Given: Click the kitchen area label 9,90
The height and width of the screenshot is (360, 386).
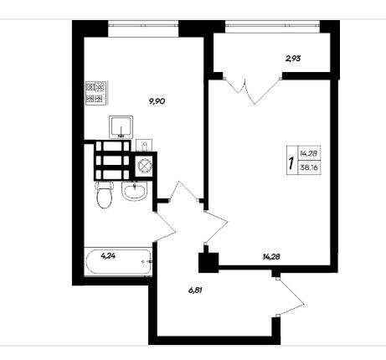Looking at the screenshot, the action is point(157,101).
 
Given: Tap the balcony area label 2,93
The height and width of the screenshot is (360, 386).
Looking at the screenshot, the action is point(293,59).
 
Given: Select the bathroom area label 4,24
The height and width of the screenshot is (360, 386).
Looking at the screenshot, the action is point(108,256).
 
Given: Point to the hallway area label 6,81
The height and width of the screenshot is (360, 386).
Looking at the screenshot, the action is point(195,291).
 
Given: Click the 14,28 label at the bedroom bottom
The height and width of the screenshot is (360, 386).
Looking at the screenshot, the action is point(271,256).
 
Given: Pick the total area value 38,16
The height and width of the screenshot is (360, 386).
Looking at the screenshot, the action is point(310,167).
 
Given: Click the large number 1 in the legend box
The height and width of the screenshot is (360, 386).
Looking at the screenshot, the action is point(291,163).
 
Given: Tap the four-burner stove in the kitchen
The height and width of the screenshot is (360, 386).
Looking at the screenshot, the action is point(96,93).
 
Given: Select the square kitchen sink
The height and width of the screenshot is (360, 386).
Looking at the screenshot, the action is point(121,127).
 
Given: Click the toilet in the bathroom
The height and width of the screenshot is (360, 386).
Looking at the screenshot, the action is point(105,194).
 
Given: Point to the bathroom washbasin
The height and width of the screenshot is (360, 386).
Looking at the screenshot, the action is point(134,191).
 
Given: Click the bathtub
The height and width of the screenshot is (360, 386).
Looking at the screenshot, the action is point(118,262).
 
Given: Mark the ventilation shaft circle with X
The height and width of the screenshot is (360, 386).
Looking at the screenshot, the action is point(143,165).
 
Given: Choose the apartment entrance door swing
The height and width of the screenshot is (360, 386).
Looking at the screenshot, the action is point(291,297).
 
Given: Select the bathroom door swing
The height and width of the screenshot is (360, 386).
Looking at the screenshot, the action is point(165,227).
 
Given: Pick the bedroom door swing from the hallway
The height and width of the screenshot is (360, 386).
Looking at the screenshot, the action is point(217,228).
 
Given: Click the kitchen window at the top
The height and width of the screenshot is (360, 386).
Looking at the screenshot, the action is point(143,25).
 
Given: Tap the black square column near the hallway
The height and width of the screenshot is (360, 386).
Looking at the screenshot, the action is point(208,262).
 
